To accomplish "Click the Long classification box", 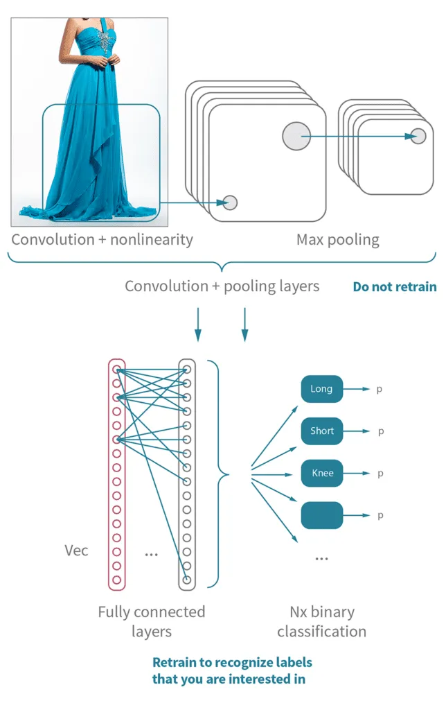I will (x=321, y=389).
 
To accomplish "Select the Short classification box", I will (x=321, y=431).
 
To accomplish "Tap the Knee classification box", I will (x=321, y=474).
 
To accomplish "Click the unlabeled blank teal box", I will (x=321, y=515).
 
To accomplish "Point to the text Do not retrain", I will (x=394, y=286).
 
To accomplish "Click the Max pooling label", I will (x=337, y=240).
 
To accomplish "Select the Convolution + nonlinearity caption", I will (x=102, y=240).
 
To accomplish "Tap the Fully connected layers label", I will (x=151, y=621).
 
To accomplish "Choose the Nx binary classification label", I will (x=321, y=621).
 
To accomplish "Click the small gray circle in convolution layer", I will (x=230, y=202).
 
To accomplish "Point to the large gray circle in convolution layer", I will (x=296, y=136).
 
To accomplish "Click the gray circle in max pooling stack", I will (x=418, y=136).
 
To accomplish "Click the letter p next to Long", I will (x=380, y=390).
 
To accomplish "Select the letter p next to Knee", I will (x=380, y=474).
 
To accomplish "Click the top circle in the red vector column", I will (x=116, y=370).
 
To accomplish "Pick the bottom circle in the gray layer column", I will (x=186, y=579).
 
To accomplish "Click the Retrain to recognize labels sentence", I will (x=231, y=670).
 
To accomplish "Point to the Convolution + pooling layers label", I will (x=222, y=286).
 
